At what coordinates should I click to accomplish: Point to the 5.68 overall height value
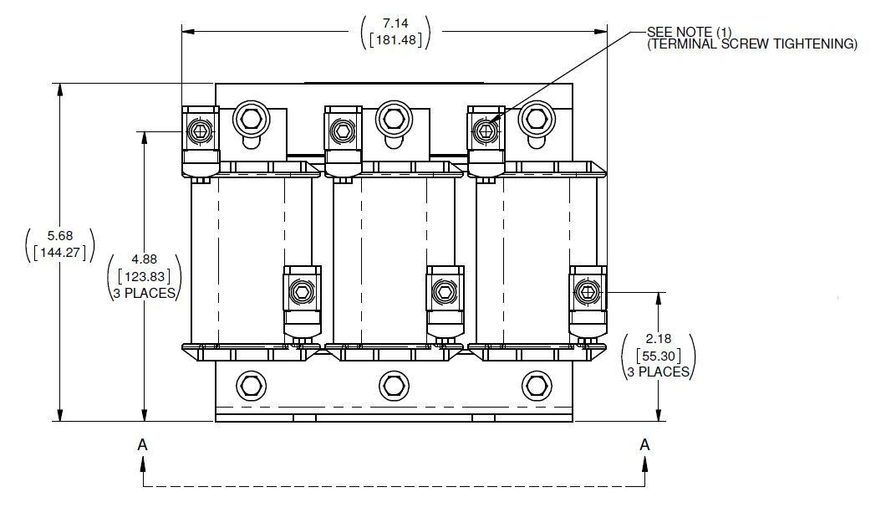click(59, 236)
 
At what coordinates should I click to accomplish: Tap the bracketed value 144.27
click(59, 252)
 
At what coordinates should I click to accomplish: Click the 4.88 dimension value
click(144, 259)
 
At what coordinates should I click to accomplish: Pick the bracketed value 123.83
click(144, 275)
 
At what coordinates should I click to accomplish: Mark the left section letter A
click(143, 444)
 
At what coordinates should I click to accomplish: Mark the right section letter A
click(644, 444)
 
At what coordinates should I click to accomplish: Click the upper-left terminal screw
click(200, 131)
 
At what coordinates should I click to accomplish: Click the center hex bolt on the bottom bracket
click(393, 386)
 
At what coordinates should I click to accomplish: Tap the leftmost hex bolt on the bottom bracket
click(250, 386)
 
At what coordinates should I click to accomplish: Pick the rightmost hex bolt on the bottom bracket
click(536, 386)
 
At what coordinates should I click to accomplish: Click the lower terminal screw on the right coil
click(587, 292)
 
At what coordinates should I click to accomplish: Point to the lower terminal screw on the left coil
click(301, 292)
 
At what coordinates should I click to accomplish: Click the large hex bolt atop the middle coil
click(392, 119)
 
